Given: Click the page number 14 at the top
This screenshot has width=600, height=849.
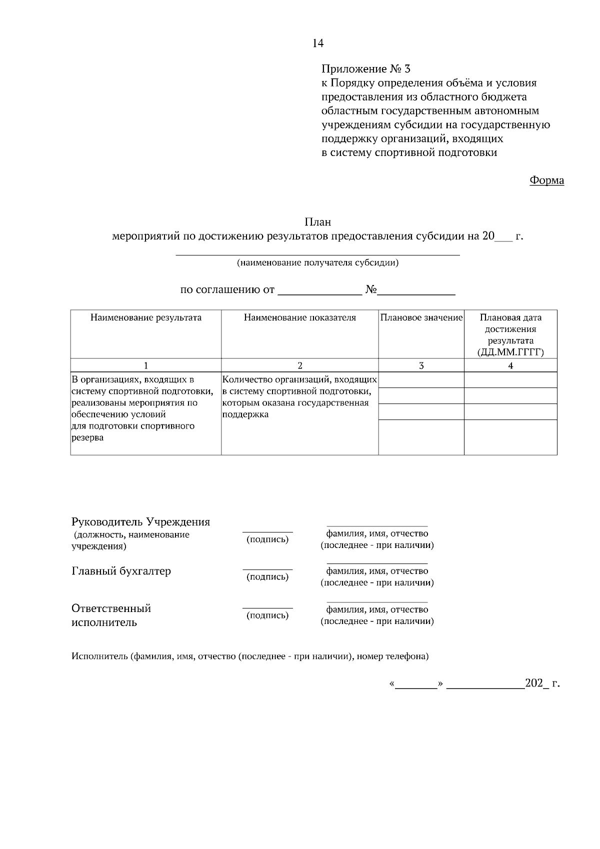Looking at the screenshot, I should pyautogui.click(x=318, y=43).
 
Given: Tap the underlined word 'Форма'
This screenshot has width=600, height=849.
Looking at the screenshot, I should pyautogui.click(x=546, y=180).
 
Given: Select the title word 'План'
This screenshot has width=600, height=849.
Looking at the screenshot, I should pyautogui.click(x=318, y=222).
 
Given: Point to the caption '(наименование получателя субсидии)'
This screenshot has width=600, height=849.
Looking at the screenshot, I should pyautogui.click(x=317, y=263).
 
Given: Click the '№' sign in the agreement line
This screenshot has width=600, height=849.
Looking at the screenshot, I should pyautogui.click(x=370, y=290).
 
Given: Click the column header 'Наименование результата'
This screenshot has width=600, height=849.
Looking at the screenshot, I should pyautogui.click(x=146, y=317).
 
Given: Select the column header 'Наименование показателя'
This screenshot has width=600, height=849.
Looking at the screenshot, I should pyautogui.click(x=300, y=317).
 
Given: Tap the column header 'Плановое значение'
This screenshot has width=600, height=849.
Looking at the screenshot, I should pyautogui.click(x=421, y=317).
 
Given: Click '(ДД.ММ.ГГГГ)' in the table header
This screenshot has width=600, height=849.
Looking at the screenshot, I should pyautogui.click(x=510, y=352).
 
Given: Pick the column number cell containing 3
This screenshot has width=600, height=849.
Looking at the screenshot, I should pyautogui.click(x=421, y=365).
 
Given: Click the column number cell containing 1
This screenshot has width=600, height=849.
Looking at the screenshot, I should pyautogui.click(x=146, y=365).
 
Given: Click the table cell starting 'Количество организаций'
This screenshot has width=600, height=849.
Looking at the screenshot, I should pyautogui.click(x=299, y=397).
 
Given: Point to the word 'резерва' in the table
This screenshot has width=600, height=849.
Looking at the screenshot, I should pyautogui.click(x=88, y=438).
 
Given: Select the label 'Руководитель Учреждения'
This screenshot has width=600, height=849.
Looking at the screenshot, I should pyautogui.click(x=141, y=522).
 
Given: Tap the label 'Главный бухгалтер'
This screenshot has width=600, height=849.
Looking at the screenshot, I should pyautogui.click(x=121, y=571).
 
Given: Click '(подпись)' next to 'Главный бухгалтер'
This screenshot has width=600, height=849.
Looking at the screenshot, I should pyautogui.click(x=267, y=577).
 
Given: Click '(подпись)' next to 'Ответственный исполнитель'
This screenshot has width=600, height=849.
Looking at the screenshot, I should pyautogui.click(x=267, y=615).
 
